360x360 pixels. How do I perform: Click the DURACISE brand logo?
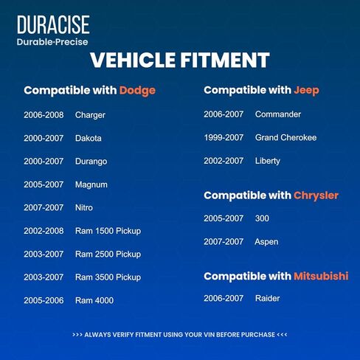pyautogui.click(x=53, y=24)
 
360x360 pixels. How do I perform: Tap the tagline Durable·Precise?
pyautogui.click(x=52, y=42)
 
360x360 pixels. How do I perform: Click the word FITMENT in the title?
pyautogui.click(x=225, y=60)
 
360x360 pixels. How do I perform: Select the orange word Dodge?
pyautogui.click(x=137, y=91)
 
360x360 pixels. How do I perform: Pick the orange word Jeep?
pyautogui.click(x=306, y=91)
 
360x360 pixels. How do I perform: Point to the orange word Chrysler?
pyautogui.click(x=316, y=195)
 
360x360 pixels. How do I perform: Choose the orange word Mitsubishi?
pyautogui.click(x=321, y=276)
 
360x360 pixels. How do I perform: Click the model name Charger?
pyautogui.click(x=90, y=115)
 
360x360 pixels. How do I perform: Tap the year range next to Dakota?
pyautogui.click(x=44, y=138)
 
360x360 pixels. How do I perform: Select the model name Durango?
pyautogui.click(x=91, y=162)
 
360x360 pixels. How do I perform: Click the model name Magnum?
pyautogui.click(x=91, y=184)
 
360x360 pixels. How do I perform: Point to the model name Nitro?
pyautogui.click(x=84, y=208)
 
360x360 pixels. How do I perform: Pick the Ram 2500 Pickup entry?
pyautogui.click(x=108, y=255)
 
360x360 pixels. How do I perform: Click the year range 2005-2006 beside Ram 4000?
pyautogui.click(x=44, y=300)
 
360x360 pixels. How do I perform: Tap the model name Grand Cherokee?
pyautogui.click(x=285, y=138)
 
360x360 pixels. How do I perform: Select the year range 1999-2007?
pyautogui.click(x=224, y=138)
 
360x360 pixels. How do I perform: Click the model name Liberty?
pyautogui.click(x=268, y=161)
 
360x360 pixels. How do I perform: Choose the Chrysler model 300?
pyautogui.click(x=262, y=218)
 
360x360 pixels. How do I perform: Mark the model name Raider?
pyautogui.click(x=268, y=299)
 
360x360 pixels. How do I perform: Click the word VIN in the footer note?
pyautogui.click(x=209, y=335)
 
